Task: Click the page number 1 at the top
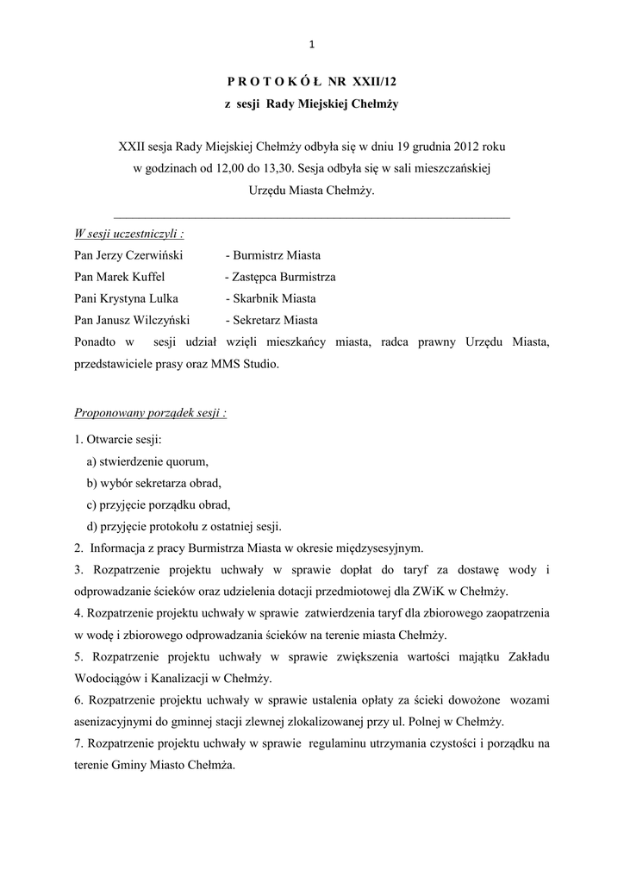[x=312, y=45]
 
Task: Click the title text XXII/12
[x=380, y=82]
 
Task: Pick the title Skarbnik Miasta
[x=271, y=298]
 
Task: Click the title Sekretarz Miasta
[x=271, y=320]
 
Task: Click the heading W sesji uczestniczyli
[x=129, y=234]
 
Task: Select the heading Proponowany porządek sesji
[x=151, y=413]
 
